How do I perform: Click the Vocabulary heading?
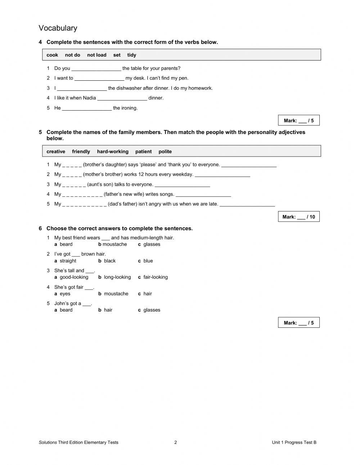pyautogui.click(x=58, y=28)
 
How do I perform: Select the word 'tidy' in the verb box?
pyautogui.click(x=131, y=55)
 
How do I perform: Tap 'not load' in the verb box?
pyautogui.click(x=96, y=55)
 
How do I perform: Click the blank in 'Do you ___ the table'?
pyautogui.click(x=96, y=68)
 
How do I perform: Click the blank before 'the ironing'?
pyautogui.click(x=87, y=108)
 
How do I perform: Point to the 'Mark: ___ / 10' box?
pyautogui.click(x=298, y=217)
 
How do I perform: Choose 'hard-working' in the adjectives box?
pyautogui.click(x=113, y=152)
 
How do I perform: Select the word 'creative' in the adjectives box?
pyautogui.click(x=56, y=152)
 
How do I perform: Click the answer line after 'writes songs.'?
pyautogui.click(x=203, y=195)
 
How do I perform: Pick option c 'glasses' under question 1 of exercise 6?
pyautogui.click(x=152, y=244)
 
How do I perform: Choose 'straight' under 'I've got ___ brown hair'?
pyautogui.click(x=68, y=261)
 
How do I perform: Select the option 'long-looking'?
pyautogui.click(x=117, y=277)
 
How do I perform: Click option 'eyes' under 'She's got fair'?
pyautogui.click(x=65, y=294)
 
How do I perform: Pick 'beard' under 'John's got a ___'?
pyautogui.click(x=66, y=310)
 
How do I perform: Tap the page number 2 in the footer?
pyautogui.click(x=176, y=443)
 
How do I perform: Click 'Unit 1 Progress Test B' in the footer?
pyautogui.click(x=294, y=443)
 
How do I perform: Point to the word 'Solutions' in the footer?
pyautogui.click(x=48, y=443)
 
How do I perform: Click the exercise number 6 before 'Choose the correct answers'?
pyautogui.click(x=40, y=228)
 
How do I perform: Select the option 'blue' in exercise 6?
pyautogui.click(x=148, y=261)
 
